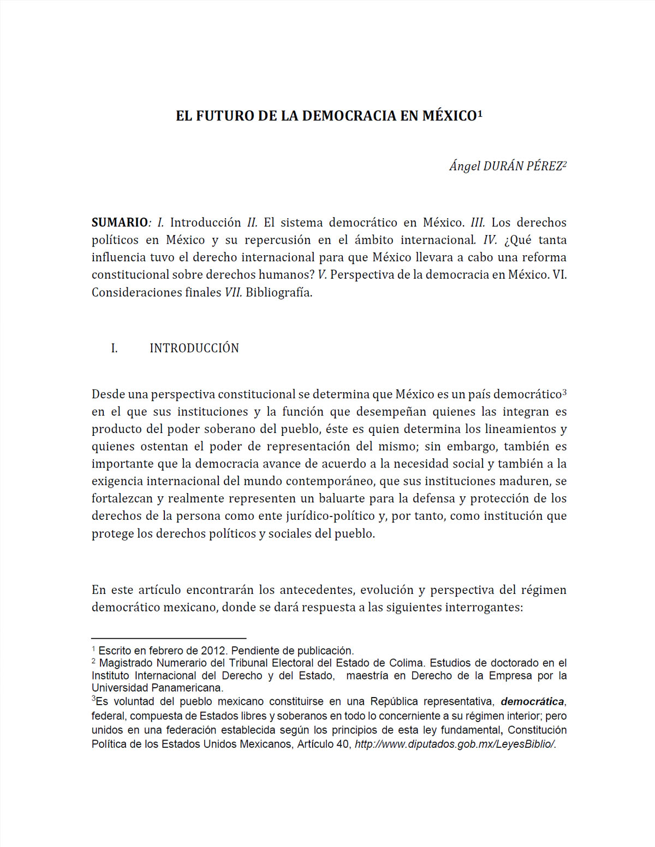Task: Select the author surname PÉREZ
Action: click(x=544, y=166)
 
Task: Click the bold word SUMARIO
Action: click(x=120, y=223)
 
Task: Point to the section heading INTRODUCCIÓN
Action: click(x=194, y=349)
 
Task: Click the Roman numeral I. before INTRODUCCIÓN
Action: click(x=114, y=349)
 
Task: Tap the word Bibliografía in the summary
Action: click(x=278, y=292)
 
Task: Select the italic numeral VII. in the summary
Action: click(x=233, y=292)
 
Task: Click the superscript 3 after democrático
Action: click(x=564, y=392)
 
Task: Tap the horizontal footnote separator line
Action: click(x=169, y=638)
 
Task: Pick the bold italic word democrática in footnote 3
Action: click(x=532, y=702)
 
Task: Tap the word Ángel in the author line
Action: click(x=465, y=166)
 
